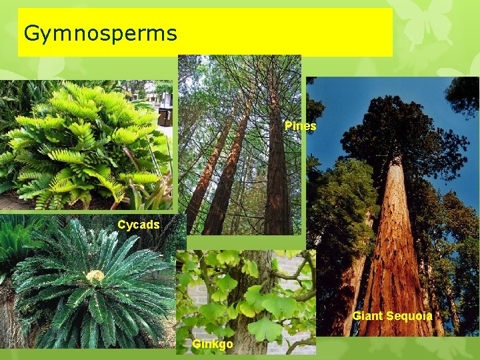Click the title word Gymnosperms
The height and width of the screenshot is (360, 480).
pyautogui.click(x=100, y=33)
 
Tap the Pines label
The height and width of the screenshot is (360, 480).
pyautogui.click(x=300, y=126)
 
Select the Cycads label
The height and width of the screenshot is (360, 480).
pyautogui.click(x=139, y=225)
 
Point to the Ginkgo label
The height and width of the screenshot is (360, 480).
pyautogui.click(x=213, y=344)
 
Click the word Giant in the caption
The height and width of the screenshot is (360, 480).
pyautogui.click(x=367, y=316)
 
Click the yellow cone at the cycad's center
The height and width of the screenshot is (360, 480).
pyautogui.click(x=96, y=275)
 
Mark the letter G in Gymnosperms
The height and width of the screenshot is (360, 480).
pyautogui.click(x=30, y=32)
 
